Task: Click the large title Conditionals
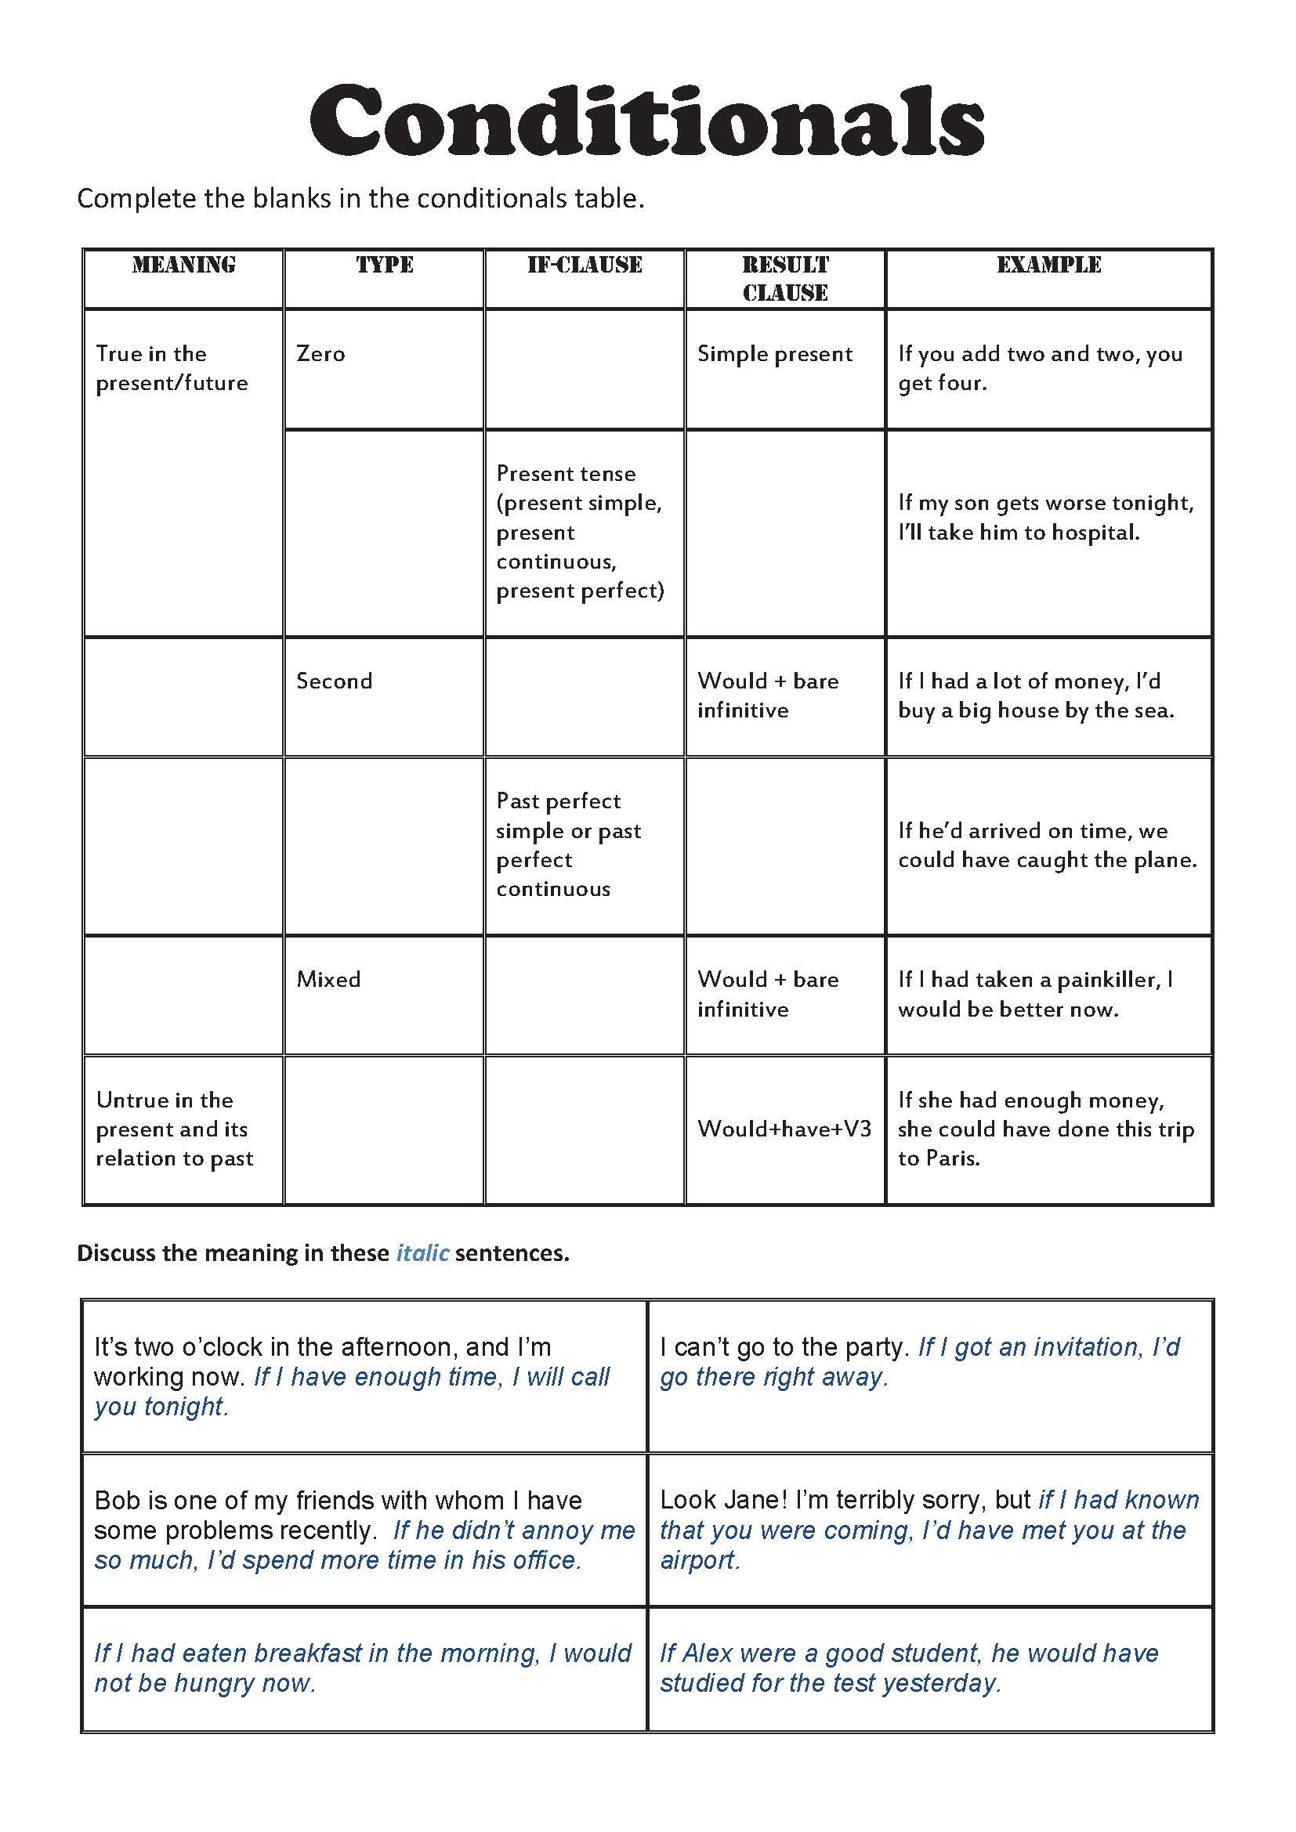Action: [647, 121]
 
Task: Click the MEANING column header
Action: [183, 265]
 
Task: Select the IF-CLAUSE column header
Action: [585, 265]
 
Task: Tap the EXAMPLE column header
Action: [1048, 265]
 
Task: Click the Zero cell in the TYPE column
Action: [320, 353]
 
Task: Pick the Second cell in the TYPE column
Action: [335, 681]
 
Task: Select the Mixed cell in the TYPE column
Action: [329, 979]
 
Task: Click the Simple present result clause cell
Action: [775, 353]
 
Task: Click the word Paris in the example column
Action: [951, 1158]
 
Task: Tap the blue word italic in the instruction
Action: [423, 1252]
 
